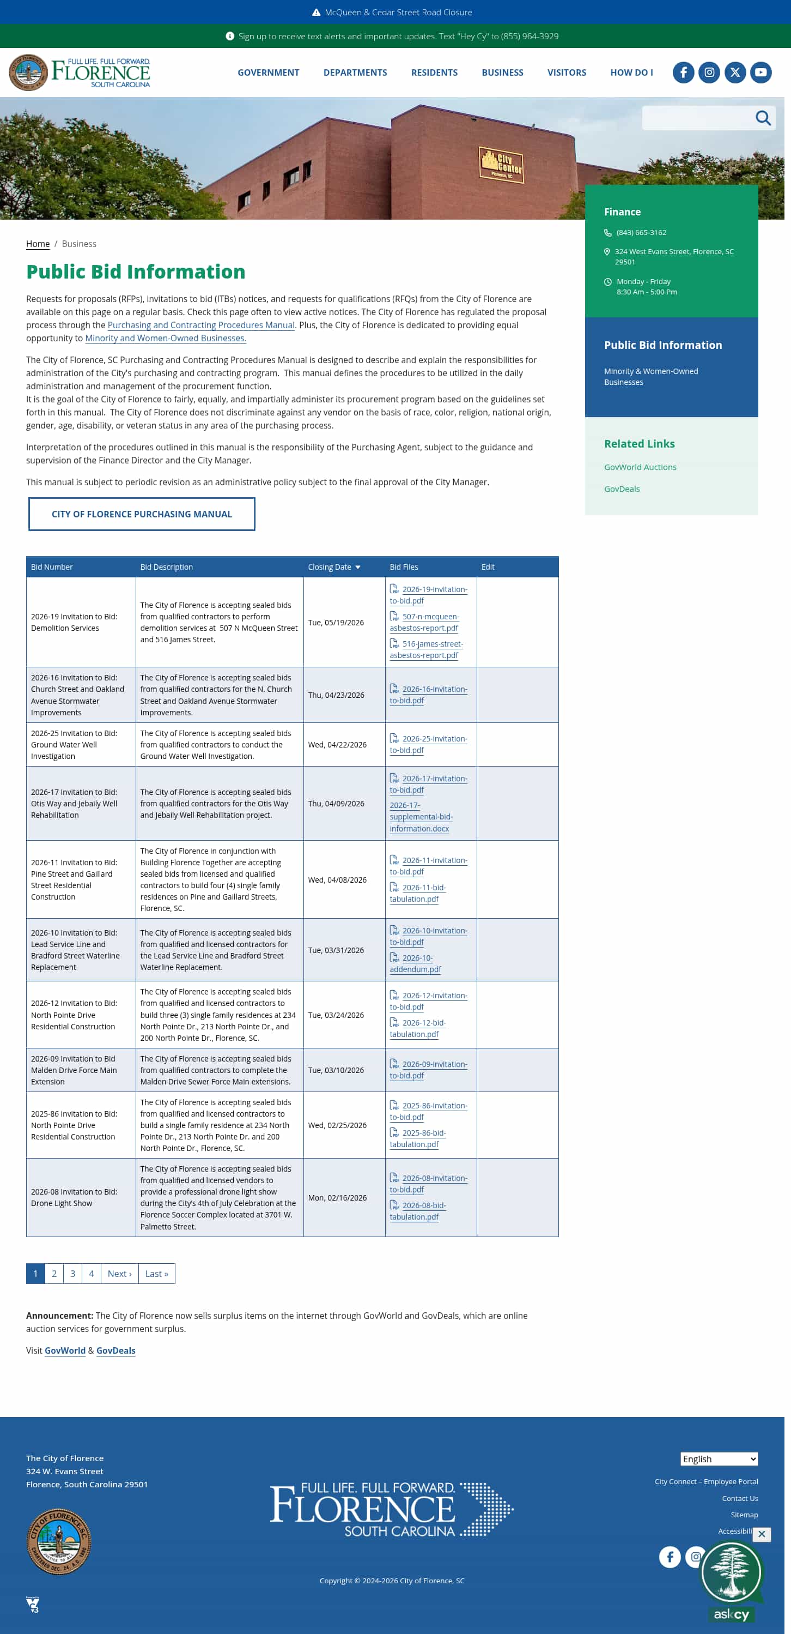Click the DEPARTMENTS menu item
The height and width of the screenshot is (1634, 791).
[x=355, y=73]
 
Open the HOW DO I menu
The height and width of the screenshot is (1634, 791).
[x=631, y=73]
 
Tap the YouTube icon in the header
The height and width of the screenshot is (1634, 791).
[x=760, y=73]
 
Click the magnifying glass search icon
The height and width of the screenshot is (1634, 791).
[x=763, y=118]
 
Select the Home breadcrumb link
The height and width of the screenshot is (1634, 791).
[x=38, y=244]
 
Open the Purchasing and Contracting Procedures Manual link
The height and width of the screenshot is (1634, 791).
[x=201, y=325]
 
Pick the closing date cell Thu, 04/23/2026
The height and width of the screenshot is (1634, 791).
[x=336, y=695]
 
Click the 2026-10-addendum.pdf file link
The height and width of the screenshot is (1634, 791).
[x=416, y=963]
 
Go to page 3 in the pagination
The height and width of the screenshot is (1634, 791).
[x=73, y=1274]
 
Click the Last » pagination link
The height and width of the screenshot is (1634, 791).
[x=156, y=1274]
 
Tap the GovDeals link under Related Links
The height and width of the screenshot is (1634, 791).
[x=621, y=489]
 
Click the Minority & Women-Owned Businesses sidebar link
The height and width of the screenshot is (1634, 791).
[x=650, y=377]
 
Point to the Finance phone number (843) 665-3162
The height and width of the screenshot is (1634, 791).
[x=641, y=233]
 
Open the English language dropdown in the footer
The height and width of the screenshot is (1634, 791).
[x=719, y=1459]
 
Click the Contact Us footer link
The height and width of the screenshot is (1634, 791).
[x=739, y=1498]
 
